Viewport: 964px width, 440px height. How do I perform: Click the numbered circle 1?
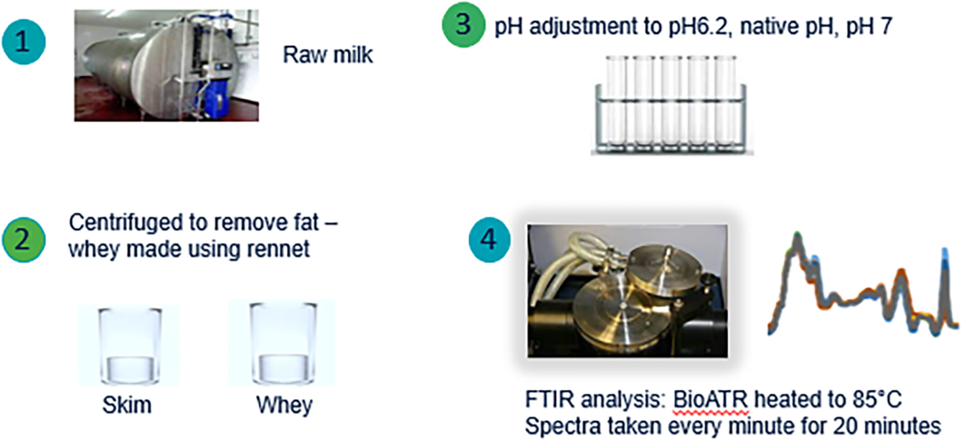[24, 42]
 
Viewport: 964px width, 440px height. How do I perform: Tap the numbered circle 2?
[24, 239]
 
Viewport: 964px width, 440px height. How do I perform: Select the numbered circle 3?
[463, 24]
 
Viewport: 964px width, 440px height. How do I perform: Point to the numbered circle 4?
[489, 240]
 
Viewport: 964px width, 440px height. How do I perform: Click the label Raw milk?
[328, 55]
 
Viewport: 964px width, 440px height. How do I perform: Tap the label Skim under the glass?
[127, 404]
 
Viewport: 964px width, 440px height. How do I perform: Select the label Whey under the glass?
[284, 405]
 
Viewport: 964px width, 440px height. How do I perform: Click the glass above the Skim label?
[130, 345]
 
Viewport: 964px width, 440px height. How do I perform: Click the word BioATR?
[710, 399]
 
